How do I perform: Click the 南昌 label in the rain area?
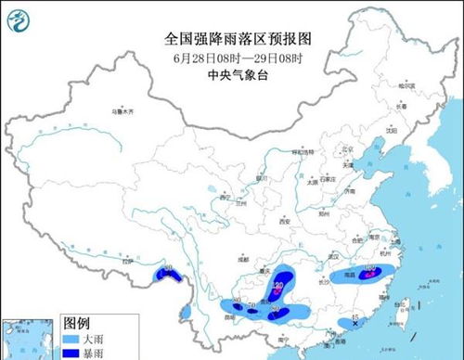point(352,276)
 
